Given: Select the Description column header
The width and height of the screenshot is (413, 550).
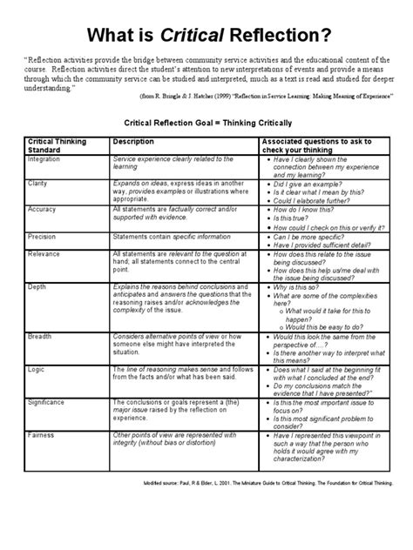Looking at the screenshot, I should tap(132, 140).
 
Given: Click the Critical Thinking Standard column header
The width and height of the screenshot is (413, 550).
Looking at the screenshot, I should tap(51, 144).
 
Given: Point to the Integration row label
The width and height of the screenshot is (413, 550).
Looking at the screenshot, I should tap(44, 159).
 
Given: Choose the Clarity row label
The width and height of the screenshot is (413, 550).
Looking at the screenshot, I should tap(37, 184).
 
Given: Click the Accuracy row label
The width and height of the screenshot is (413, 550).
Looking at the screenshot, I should tap(42, 210).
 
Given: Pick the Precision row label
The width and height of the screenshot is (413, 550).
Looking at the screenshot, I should tap(43, 234).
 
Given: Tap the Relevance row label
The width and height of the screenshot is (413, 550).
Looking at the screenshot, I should tap(44, 252).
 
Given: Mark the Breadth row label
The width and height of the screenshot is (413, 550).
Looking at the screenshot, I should tap(39, 335).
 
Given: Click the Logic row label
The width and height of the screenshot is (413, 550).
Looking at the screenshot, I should tap(36, 369).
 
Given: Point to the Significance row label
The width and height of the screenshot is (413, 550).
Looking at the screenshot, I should tap(47, 402).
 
